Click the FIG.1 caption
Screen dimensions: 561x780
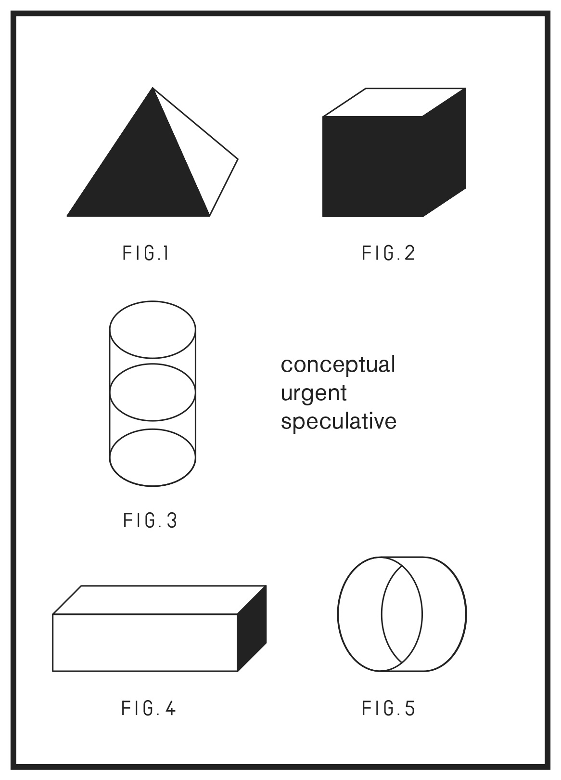pos(145,253)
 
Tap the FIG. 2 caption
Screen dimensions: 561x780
pos(388,253)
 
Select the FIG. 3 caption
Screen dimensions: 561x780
pos(150,520)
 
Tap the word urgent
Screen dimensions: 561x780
pos(314,394)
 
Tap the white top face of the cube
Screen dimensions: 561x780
pos(395,102)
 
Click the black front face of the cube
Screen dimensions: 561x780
pos(372,167)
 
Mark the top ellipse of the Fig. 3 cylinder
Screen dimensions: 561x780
pos(153,301)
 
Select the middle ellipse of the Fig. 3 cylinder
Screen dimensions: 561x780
pos(153,364)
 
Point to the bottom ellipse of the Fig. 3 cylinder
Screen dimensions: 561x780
pos(153,486)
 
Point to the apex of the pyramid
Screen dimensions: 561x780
pos(153,88)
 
